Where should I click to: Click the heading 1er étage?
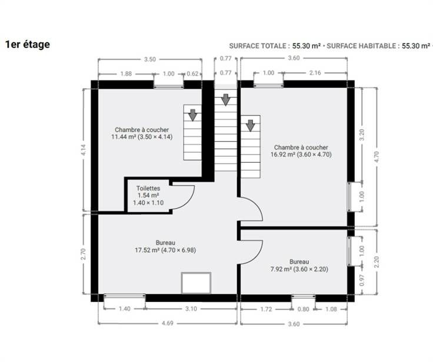coord(28,45)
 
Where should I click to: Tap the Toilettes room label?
coord(148,195)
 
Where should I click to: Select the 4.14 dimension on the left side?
coord(84,150)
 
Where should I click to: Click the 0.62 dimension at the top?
coord(193,73)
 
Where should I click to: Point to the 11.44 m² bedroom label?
coord(142,133)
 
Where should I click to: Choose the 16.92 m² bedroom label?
coord(301,151)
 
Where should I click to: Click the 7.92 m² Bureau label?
coord(299,266)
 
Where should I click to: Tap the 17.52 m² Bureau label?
coord(165,246)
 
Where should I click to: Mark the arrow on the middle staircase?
coord(225,100)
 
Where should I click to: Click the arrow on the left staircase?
coord(192,115)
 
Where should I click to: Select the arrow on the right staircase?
coord(251,126)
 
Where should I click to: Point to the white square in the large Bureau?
coord(196,283)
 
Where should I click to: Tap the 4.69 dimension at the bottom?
coord(168,323)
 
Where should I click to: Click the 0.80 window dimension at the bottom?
coord(303,309)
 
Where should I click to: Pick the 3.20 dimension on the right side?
coord(362,135)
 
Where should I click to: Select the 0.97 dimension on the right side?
coord(362,280)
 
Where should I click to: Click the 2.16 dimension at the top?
coord(315,73)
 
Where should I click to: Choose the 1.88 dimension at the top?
coord(126,73)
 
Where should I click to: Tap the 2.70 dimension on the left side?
coord(84,254)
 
